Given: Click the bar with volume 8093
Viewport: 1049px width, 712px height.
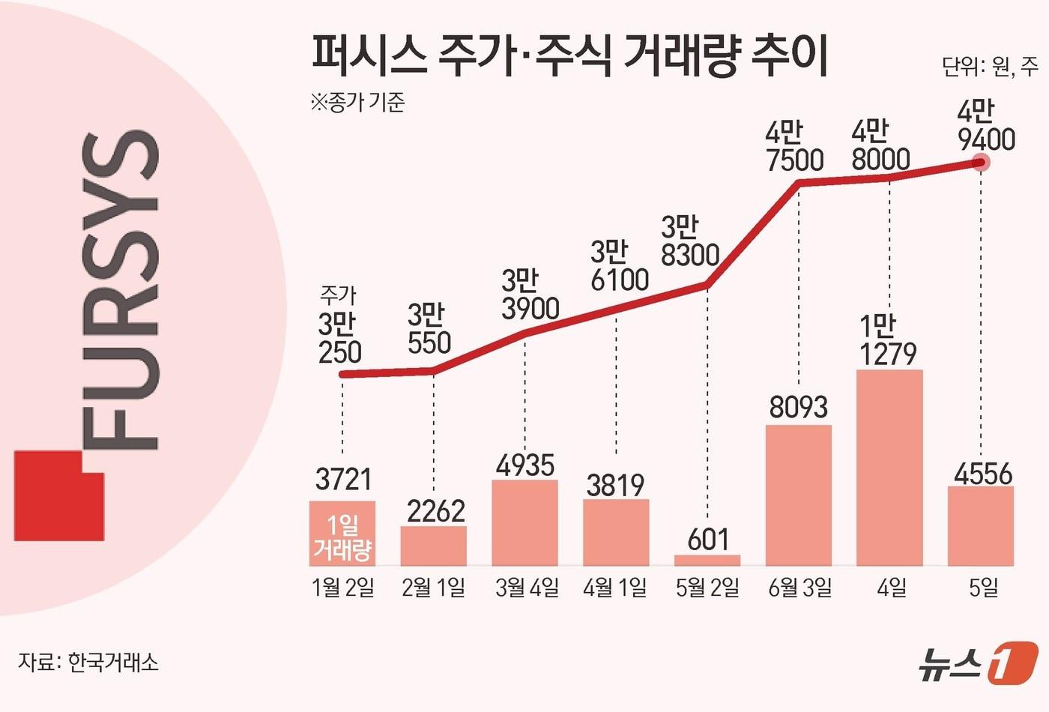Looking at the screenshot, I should [x=799, y=495].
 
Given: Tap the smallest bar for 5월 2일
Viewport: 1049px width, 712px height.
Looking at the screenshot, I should [x=707, y=560].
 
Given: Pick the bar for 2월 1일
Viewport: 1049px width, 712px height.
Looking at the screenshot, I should [x=433, y=546].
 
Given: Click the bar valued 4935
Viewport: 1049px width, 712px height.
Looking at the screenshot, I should [x=524, y=522].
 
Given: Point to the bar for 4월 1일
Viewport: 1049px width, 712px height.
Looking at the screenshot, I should [x=616, y=532].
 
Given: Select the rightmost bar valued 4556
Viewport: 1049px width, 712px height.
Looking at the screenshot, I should [x=981, y=525].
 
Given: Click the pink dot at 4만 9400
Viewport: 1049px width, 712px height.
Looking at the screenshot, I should [x=981, y=161].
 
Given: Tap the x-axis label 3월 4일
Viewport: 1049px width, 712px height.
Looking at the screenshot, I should [x=527, y=588].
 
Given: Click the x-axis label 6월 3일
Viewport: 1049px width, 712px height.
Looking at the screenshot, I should [x=800, y=588].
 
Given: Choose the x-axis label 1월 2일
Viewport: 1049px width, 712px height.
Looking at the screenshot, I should [x=343, y=588].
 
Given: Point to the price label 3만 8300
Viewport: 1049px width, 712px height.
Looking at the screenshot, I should [x=689, y=241].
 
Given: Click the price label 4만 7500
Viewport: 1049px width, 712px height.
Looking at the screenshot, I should [x=794, y=147].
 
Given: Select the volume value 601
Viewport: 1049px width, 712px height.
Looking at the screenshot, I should [x=707, y=539].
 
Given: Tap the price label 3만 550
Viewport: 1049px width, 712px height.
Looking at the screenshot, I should [x=429, y=328].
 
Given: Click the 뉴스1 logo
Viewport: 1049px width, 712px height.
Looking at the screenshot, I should [x=978, y=661].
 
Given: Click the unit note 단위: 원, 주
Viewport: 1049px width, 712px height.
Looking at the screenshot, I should [x=989, y=67].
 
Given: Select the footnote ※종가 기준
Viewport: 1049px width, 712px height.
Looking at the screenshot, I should [x=357, y=102].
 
